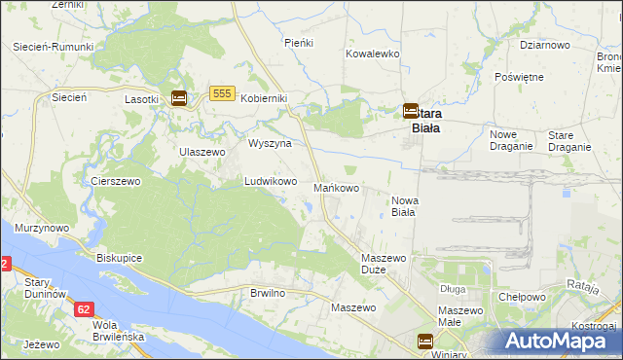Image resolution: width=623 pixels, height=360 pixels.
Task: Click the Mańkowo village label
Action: click(338, 187)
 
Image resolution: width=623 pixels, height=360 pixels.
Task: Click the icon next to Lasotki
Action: click(179, 98)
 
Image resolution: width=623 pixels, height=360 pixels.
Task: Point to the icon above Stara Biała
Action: click(411, 112)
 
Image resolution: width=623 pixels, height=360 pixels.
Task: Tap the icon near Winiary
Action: click(425, 341)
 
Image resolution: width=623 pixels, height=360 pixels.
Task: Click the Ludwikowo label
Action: click(270, 181)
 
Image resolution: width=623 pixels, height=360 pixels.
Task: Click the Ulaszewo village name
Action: click(202, 152)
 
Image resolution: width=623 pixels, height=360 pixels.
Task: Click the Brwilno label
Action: click(267, 292)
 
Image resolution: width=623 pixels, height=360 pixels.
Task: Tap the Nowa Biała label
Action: click(404, 205)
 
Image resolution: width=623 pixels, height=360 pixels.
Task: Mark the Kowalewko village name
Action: click(373, 54)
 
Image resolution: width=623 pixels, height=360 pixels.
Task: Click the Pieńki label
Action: click(297, 43)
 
